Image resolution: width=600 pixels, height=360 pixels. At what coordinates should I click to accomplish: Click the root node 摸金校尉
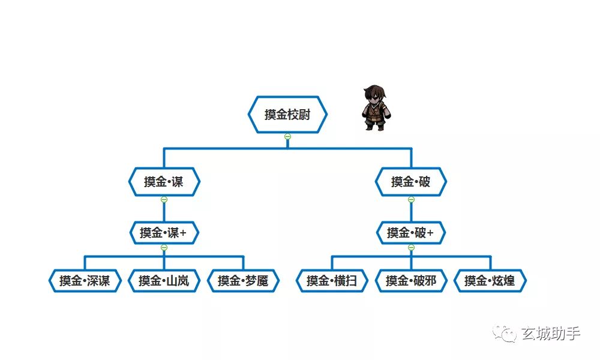pyautogui.click(x=287, y=115)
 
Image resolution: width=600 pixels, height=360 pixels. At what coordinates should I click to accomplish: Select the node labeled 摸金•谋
pyautogui.click(x=164, y=182)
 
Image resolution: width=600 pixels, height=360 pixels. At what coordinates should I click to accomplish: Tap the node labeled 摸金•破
pyautogui.click(x=411, y=182)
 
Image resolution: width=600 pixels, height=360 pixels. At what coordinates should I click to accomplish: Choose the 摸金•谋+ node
pyautogui.click(x=164, y=233)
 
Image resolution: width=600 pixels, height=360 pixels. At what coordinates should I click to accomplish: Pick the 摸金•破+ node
pyautogui.click(x=411, y=233)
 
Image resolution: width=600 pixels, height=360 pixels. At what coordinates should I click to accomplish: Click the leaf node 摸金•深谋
pyautogui.click(x=85, y=281)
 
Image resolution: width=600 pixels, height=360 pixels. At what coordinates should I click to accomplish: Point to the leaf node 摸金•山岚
pyautogui.click(x=164, y=281)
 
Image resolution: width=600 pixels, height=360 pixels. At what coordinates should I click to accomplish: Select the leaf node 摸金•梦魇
pyautogui.click(x=243, y=281)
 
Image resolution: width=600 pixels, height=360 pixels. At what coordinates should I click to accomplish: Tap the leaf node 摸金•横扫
pyautogui.click(x=332, y=281)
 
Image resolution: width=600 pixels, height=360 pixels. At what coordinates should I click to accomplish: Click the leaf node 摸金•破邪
pyautogui.click(x=411, y=281)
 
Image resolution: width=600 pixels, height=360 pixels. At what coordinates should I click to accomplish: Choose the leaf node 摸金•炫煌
pyautogui.click(x=490, y=281)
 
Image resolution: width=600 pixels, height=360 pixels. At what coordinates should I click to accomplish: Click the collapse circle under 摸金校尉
pyautogui.click(x=288, y=137)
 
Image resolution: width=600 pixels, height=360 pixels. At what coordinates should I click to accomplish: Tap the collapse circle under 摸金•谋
pyautogui.click(x=164, y=199)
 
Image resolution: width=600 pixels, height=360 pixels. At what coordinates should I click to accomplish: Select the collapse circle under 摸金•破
pyautogui.click(x=412, y=199)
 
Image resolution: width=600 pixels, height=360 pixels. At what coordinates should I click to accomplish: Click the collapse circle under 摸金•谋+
pyautogui.click(x=164, y=248)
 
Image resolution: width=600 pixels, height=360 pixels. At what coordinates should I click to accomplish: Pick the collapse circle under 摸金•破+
pyautogui.click(x=412, y=248)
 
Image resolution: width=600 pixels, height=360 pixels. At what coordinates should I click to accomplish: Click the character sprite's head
pyautogui.click(x=374, y=94)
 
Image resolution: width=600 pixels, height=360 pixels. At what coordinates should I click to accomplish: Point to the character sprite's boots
pyautogui.click(x=374, y=127)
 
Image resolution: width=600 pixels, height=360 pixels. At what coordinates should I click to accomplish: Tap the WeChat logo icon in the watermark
pyautogui.click(x=505, y=333)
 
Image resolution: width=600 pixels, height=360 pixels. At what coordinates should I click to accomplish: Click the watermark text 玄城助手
pyautogui.click(x=551, y=334)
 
